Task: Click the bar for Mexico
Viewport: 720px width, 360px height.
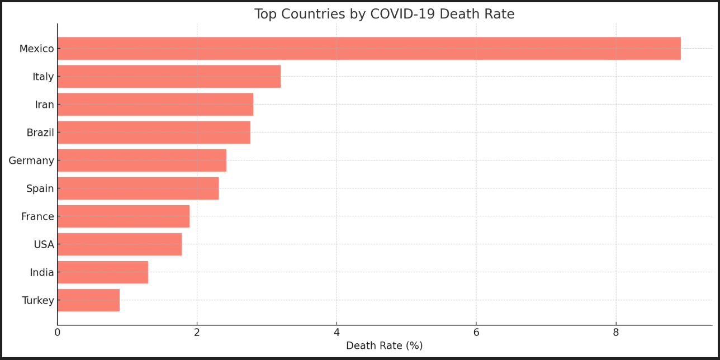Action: (x=369, y=49)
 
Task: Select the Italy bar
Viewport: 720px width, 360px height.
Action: (x=169, y=77)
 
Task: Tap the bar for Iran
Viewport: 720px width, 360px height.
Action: (x=155, y=105)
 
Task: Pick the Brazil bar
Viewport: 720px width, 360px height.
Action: (x=154, y=132)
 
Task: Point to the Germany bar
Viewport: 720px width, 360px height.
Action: (x=141, y=160)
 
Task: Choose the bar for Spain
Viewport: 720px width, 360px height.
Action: (x=138, y=188)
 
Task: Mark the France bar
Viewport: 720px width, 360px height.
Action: (x=123, y=216)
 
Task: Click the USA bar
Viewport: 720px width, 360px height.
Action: (x=119, y=244)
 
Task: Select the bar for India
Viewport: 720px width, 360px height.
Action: (x=102, y=272)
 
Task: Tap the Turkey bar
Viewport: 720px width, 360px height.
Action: (x=88, y=300)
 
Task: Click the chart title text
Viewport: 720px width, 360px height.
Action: (x=384, y=15)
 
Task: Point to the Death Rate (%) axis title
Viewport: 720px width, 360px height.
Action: (x=384, y=346)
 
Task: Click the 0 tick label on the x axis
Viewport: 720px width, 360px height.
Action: (x=57, y=333)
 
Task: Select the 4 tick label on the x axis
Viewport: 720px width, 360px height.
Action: (x=337, y=333)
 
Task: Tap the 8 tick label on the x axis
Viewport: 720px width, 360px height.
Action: (x=616, y=333)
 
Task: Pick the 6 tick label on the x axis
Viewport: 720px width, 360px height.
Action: (x=476, y=333)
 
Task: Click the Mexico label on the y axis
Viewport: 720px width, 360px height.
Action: (x=36, y=49)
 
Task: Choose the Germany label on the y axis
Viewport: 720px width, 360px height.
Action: (x=31, y=161)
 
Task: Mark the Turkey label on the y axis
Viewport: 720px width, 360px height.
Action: (x=38, y=301)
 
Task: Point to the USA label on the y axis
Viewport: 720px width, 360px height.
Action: (x=44, y=245)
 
